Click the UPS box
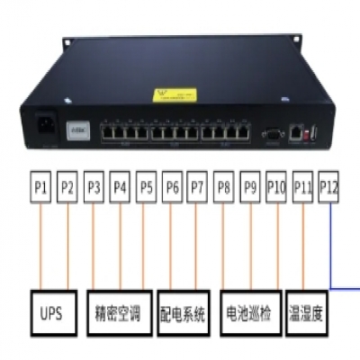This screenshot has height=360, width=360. tap(52, 315)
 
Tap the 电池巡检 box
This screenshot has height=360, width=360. tap(250, 315)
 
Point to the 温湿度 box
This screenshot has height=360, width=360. tap(305, 315)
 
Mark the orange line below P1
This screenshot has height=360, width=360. tap(40, 243)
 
